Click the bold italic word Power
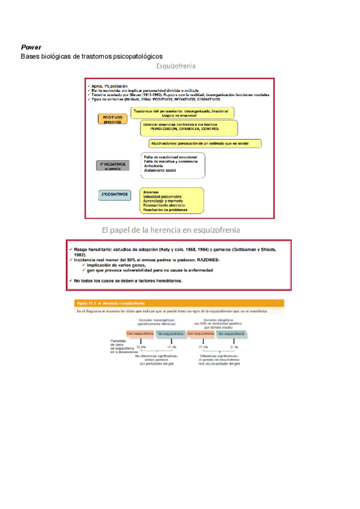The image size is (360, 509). pyautogui.click(x=31, y=47)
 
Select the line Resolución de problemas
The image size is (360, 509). pyautogui.click(x=165, y=210)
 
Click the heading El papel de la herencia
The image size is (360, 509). pyautogui.click(x=172, y=230)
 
